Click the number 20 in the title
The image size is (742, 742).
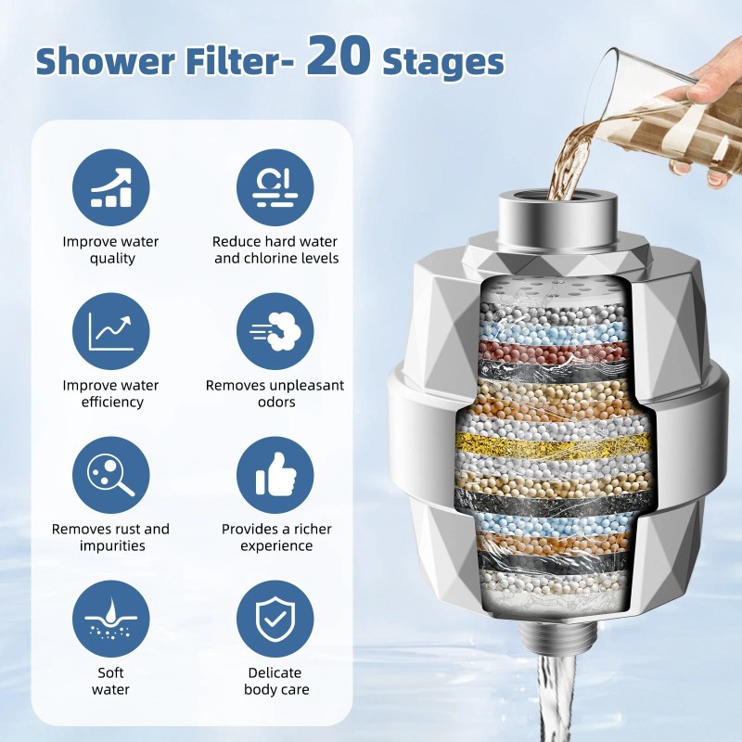[x=339, y=57]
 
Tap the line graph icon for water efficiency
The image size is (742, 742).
[x=111, y=331]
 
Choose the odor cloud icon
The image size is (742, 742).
[x=275, y=331]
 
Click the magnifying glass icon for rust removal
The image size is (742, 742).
[x=111, y=476]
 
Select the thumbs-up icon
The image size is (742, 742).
[x=275, y=476]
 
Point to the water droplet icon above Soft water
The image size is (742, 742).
[x=111, y=620]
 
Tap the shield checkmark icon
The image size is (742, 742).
[x=275, y=620]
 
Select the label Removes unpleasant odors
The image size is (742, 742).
[x=275, y=393]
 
